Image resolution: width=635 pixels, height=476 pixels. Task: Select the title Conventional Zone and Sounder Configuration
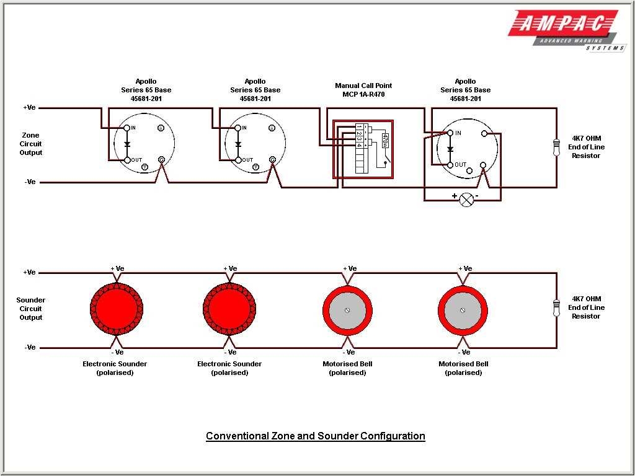(315, 436)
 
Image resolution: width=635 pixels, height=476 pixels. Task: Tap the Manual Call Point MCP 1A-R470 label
(363, 90)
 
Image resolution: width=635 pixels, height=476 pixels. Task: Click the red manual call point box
(363, 149)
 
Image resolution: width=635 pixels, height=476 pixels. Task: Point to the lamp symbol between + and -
(466, 198)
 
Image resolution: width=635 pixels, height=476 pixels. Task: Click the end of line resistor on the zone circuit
(556, 147)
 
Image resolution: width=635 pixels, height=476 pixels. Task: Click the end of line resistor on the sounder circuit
(556, 307)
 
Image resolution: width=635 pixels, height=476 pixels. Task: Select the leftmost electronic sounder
(117, 308)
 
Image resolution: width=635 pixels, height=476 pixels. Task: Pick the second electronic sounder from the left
(229, 308)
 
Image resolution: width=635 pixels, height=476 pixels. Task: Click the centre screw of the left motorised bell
(348, 310)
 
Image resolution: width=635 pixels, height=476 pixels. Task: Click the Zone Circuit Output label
(30, 144)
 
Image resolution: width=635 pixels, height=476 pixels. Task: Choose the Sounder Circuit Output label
(30, 309)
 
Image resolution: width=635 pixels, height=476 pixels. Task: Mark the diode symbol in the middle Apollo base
(238, 144)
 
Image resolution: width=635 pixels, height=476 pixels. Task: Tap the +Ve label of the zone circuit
(29, 107)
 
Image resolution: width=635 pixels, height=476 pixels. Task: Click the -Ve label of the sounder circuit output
(29, 347)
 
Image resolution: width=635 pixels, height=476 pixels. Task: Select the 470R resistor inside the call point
(385, 140)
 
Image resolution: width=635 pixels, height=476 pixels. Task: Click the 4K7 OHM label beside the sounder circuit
(586, 299)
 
